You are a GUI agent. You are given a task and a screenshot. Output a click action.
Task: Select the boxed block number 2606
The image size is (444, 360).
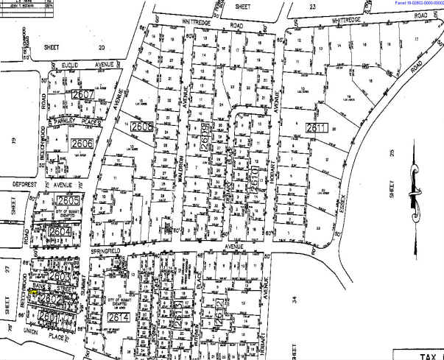82,144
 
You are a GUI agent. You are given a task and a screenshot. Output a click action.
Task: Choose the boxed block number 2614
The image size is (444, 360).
118,317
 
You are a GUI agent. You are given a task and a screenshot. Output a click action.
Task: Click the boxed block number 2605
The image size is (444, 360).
68,201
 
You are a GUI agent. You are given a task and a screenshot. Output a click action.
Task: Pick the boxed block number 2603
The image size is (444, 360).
60,277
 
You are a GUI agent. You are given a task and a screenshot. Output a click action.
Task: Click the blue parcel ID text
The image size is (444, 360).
412,3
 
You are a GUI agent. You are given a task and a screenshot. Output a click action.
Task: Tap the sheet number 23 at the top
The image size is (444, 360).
312,5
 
